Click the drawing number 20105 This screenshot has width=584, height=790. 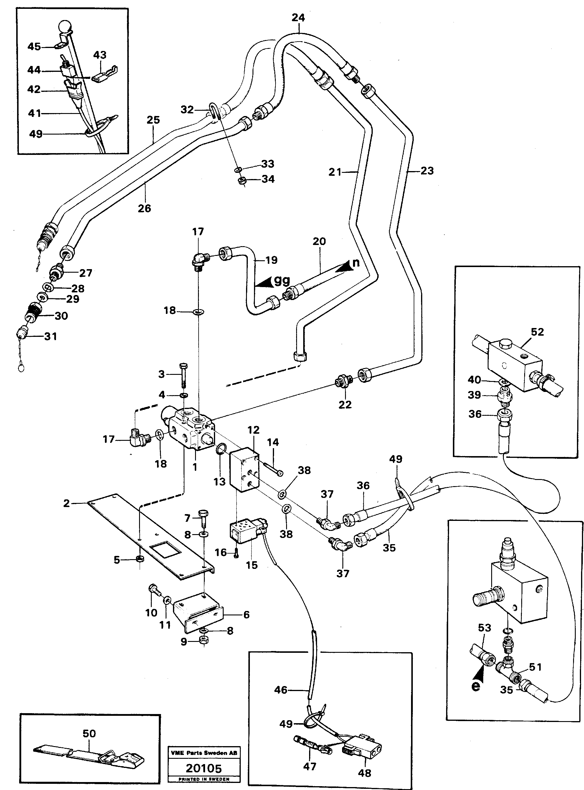click(x=204, y=769)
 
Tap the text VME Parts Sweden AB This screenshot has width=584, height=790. click(x=204, y=753)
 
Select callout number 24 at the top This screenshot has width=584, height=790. click(x=298, y=18)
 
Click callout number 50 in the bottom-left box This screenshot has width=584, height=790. click(x=89, y=733)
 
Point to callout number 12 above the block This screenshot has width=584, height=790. click(x=253, y=430)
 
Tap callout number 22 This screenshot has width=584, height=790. click(x=345, y=405)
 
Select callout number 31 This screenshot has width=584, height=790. click(x=51, y=336)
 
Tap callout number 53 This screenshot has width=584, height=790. click(x=484, y=627)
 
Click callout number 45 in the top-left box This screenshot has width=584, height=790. click(x=34, y=47)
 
